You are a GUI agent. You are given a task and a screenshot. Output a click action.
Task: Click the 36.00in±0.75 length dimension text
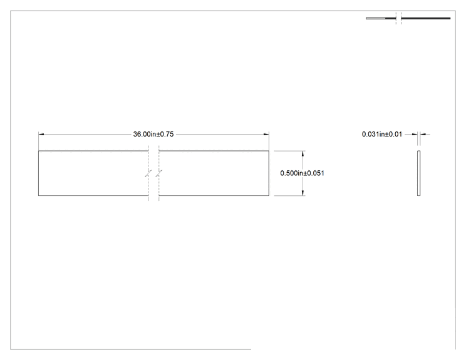pyautogui.click(x=153, y=134)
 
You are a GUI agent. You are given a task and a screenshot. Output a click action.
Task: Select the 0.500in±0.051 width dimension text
pyautogui.click(x=303, y=173)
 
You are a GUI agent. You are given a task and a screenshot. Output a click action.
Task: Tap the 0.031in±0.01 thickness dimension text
pyautogui.click(x=382, y=134)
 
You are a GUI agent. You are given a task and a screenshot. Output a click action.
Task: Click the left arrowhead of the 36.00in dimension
pyautogui.click(x=41, y=134)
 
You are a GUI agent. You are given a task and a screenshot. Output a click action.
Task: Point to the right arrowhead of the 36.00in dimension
pyautogui.click(x=266, y=134)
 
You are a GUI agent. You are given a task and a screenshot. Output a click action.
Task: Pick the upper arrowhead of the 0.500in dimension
pyautogui.click(x=303, y=153)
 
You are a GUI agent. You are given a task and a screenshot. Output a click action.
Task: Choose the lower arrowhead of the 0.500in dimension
pyautogui.click(x=303, y=193)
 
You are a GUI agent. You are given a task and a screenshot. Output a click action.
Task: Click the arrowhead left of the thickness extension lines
pyautogui.click(x=415, y=134)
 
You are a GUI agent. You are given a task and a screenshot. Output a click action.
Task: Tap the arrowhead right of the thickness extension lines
pyautogui.click(x=423, y=134)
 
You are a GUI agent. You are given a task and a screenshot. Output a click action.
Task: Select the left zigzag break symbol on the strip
pyautogui.click(x=148, y=173)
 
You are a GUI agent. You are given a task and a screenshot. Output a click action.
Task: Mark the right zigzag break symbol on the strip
pyautogui.click(x=159, y=173)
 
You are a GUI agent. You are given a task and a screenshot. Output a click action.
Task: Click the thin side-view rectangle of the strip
pyautogui.click(x=419, y=173)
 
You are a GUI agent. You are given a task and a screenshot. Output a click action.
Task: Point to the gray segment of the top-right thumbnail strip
pyautogui.click(x=376, y=18)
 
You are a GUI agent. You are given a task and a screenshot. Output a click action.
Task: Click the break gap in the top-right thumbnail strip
pyautogui.click(x=398, y=18)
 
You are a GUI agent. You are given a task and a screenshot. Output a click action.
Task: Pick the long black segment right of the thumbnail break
pyautogui.click(x=426, y=18)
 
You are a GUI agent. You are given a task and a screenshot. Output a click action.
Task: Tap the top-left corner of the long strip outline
pyautogui.click(x=39, y=151)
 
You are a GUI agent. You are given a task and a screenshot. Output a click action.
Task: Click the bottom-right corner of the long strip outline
pyautogui.click(x=269, y=195)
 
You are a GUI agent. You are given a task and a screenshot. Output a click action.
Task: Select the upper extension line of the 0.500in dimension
pyautogui.click(x=290, y=151)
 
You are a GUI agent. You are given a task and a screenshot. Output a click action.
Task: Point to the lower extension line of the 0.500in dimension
pyautogui.click(x=290, y=196)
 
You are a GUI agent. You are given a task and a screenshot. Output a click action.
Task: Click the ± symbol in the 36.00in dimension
pyautogui.click(x=158, y=135)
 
